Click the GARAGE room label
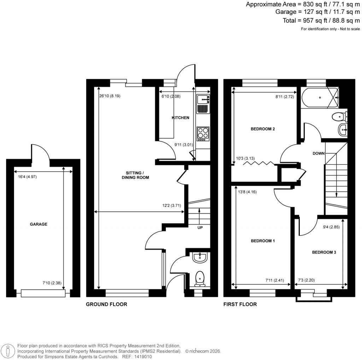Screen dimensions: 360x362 click(39, 224)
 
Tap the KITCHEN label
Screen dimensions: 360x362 click(180, 118)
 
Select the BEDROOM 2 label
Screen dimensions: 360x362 click(263, 129)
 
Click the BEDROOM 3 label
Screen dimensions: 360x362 click(323, 252)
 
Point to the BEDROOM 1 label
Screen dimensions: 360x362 click(263, 241)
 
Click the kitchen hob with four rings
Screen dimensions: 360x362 click(203, 133)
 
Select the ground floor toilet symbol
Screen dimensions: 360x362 click(200, 278)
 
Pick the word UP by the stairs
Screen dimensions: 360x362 click(200, 228)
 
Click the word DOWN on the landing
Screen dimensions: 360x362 click(319, 153)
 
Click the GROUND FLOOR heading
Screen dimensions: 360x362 click(106, 304)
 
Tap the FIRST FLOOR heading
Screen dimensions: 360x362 click(240, 304)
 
